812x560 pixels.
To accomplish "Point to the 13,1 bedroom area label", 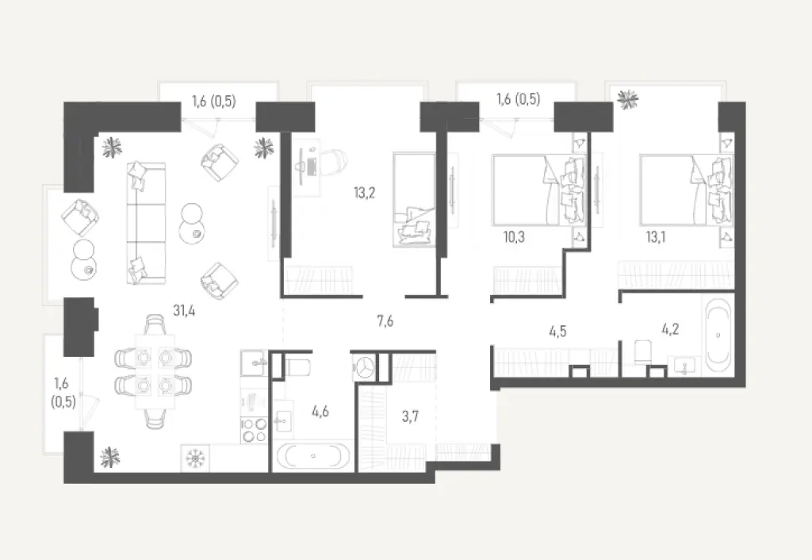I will (657, 236).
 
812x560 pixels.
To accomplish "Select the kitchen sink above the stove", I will (253, 363).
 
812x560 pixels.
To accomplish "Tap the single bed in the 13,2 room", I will (415, 199).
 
